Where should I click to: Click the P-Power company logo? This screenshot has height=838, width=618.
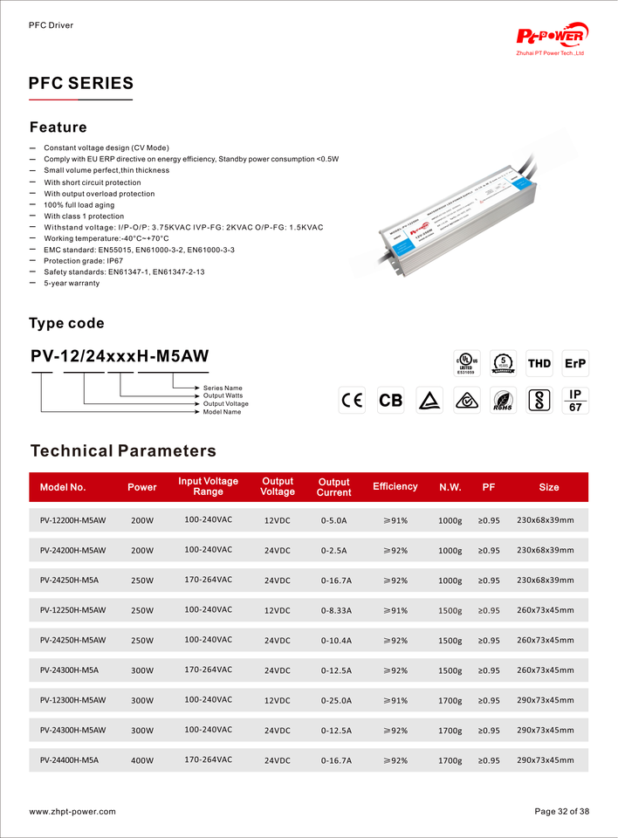coord(552,36)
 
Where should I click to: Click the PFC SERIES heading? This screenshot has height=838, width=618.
coord(81,84)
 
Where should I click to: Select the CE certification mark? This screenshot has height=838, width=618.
coord(353,401)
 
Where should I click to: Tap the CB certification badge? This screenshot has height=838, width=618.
coord(391,401)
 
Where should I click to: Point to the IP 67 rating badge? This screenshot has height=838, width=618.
coord(574,401)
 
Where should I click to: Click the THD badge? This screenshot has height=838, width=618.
coord(539,363)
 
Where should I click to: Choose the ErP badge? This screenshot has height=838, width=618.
coord(575,363)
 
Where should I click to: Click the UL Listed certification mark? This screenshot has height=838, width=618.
coord(465,362)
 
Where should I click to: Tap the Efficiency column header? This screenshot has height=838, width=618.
coord(395,486)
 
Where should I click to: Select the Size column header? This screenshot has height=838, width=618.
coord(549,487)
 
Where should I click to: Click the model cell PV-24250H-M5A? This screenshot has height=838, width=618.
coord(69,580)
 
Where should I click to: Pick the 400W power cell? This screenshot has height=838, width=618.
coord(142,760)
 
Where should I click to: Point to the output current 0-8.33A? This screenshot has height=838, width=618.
coord(337,610)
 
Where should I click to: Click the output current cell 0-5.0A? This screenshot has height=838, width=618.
coord(334,521)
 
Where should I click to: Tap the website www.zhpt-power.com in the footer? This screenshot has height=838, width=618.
coord(72,812)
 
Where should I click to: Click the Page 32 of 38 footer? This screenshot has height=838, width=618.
coord(561,812)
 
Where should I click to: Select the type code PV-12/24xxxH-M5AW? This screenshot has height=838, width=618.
coord(120,355)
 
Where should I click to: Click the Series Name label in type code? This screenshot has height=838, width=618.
coord(223,388)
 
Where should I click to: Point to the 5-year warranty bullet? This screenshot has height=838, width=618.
coord(72,284)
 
